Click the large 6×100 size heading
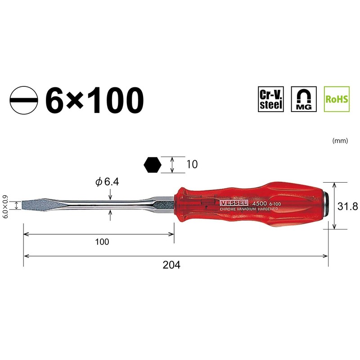coord(94,100)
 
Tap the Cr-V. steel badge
coord(271,99)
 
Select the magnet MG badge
coord(304,99)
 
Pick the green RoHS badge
coord(337,99)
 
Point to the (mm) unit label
coord(340,140)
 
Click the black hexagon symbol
coord(153,165)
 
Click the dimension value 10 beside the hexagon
coord(192,164)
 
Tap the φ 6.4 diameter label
coord(107,182)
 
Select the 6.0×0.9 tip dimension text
coord(5,207)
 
